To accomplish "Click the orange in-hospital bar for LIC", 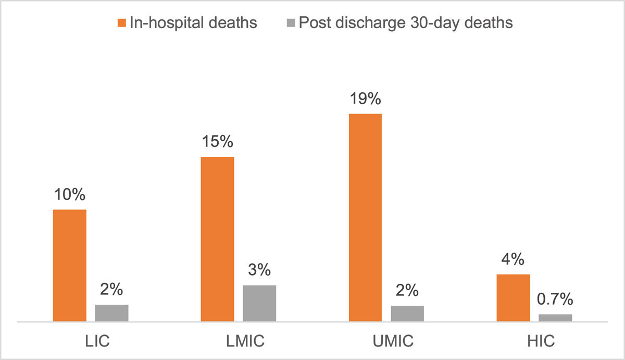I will point(69,266).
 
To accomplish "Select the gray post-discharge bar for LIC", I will point(111,313).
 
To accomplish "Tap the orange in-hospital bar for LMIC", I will point(217,239).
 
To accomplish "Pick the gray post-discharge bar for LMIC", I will point(259,304).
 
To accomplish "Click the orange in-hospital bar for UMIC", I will point(365,218).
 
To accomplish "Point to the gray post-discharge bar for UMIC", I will point(407,314).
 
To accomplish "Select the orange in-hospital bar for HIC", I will point(513,298).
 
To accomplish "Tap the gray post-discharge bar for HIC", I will point(555,318).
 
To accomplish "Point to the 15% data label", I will point(217,142).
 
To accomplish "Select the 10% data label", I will point(69,195).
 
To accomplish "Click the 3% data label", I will point(259,270).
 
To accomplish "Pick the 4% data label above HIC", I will point(513,259).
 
